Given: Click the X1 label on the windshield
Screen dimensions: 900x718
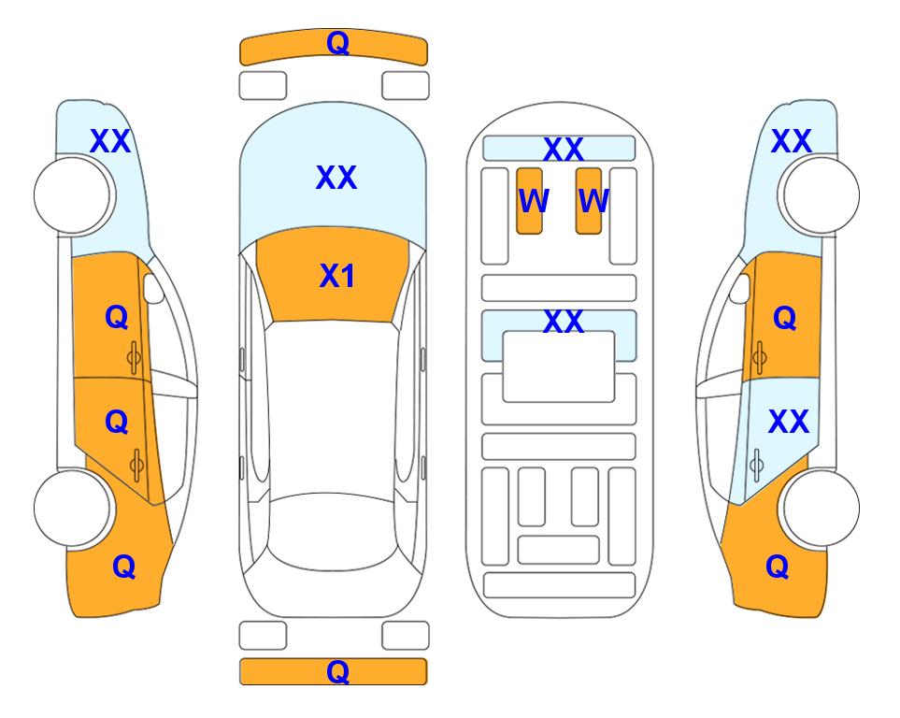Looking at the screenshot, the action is click(337, 276).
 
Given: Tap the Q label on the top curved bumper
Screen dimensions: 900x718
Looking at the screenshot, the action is click(338, 42).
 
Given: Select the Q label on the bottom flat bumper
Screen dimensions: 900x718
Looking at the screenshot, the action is click(338, 671).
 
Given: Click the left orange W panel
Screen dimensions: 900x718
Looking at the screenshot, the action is click(529, 201).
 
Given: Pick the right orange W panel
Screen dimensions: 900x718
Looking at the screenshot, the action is click(589, 201).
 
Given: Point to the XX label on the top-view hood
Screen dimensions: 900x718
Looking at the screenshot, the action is click(336, 177).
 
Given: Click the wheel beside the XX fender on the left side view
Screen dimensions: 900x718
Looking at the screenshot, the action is click(72, 195).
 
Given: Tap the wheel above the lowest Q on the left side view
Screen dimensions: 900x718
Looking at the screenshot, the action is click(72, 509).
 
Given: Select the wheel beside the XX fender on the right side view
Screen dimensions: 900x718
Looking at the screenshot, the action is click(821, 195).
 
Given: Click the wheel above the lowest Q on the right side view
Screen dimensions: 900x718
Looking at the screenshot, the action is click(821, 509).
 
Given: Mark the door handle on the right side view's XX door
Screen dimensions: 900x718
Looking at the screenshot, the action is click(756, 465).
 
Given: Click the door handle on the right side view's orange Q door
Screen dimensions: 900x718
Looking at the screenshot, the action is click(760, 358).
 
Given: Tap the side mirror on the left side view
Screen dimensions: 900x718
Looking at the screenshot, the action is click(152, 288).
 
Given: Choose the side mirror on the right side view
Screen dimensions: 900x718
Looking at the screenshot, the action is click(740, 288).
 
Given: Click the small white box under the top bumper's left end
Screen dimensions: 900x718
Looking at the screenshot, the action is click(263, 86).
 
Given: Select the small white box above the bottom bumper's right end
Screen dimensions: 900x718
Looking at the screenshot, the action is click(406, 636).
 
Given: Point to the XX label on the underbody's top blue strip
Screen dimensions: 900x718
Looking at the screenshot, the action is click(563, 150).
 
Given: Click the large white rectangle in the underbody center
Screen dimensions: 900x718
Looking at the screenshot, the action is click(559, 366).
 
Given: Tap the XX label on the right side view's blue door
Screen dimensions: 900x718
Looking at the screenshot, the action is click(789, 422).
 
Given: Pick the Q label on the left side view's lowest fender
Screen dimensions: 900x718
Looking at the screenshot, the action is click(124, 567).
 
